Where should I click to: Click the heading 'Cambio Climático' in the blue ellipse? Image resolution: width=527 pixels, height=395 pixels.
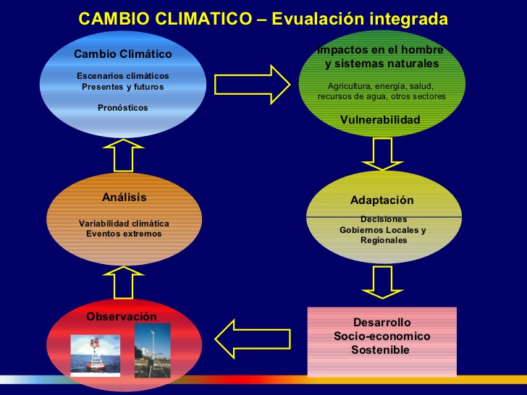click(x=122, y=54)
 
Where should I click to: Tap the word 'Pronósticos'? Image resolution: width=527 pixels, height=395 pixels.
click(x=122, y=108)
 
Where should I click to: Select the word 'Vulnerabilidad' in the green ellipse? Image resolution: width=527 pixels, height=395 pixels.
click(x=380, y=119)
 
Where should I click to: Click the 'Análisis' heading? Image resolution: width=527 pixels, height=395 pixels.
click(x=124, y=197)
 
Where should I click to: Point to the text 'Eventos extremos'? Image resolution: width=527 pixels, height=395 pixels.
click(x=124, y=234)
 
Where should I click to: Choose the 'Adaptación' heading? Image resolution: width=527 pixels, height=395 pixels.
click(x=381, y=200)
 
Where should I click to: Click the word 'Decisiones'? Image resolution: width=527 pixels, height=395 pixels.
click(x=384, y=219)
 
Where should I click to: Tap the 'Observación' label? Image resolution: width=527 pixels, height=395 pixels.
click(x=122, y=316)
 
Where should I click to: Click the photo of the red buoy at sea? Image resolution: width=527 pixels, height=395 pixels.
click(x=95, y=355)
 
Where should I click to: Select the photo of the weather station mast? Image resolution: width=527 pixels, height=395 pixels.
click(x=152, y=350)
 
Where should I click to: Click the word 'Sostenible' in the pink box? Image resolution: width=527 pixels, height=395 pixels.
click(x=380, y=350)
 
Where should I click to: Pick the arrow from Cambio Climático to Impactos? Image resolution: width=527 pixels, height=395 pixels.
click(x=252, y=85)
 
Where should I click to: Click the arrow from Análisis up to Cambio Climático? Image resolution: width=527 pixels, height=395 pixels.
click(x=123, y=155)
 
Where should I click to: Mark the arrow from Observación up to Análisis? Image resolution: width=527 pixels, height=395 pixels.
click(x=123, y=282)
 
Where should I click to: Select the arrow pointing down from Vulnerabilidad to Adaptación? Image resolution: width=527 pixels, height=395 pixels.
click(x=382, y=154)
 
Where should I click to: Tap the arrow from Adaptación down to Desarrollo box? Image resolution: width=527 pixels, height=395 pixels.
click(x=382, y=282)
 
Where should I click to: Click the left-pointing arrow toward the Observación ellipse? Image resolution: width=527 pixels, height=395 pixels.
click(x=253, y=339)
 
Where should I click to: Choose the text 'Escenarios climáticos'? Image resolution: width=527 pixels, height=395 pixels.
click(x=122, y=76)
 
